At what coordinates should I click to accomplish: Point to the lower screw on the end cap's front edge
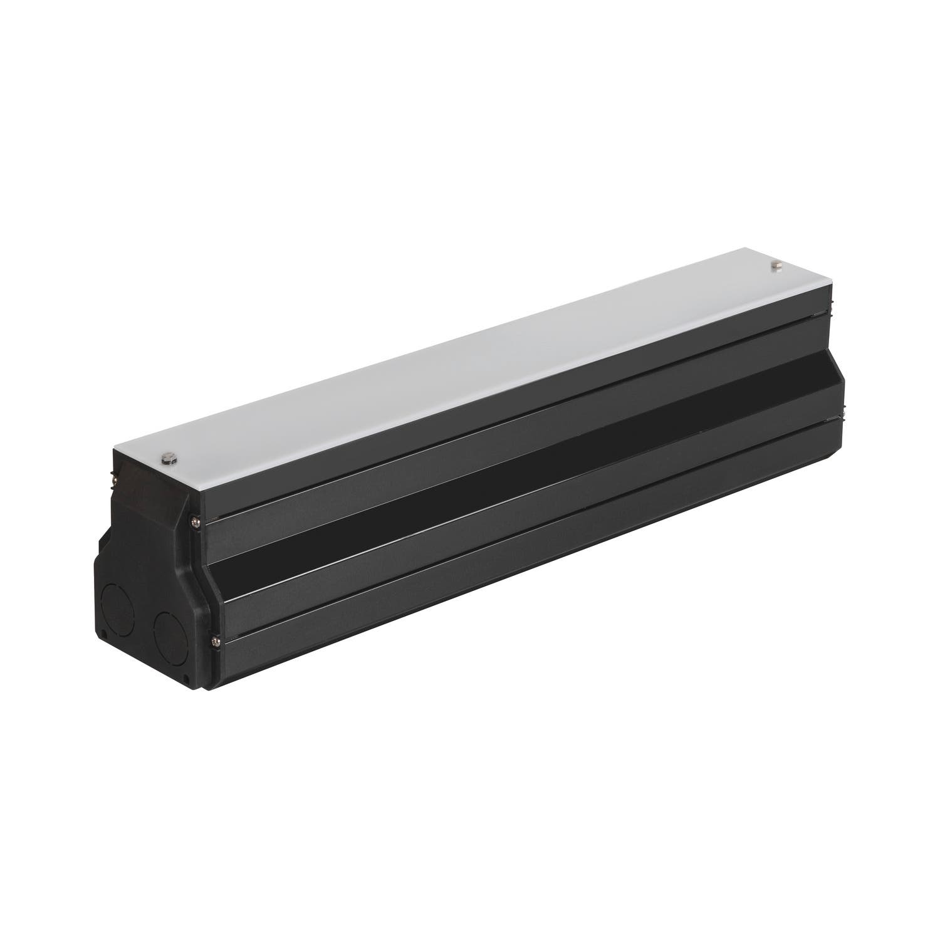tap(216, 640)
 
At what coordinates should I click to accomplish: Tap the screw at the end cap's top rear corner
tap(113, 478)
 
